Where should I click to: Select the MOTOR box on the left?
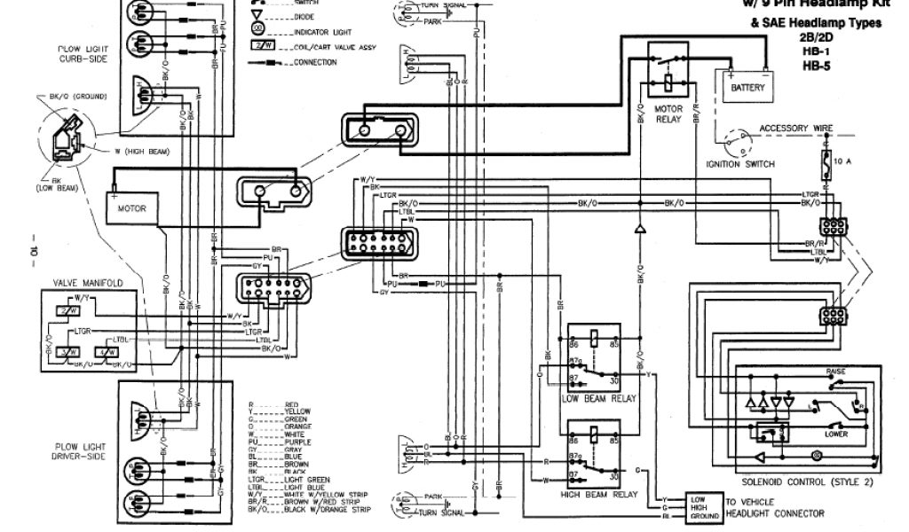click(x=138, y=208)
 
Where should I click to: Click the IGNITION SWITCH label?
click(x=740, y=164)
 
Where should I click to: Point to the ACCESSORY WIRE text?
click(x=796, y=129)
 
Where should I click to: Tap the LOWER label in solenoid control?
click(x=836, y=434)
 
